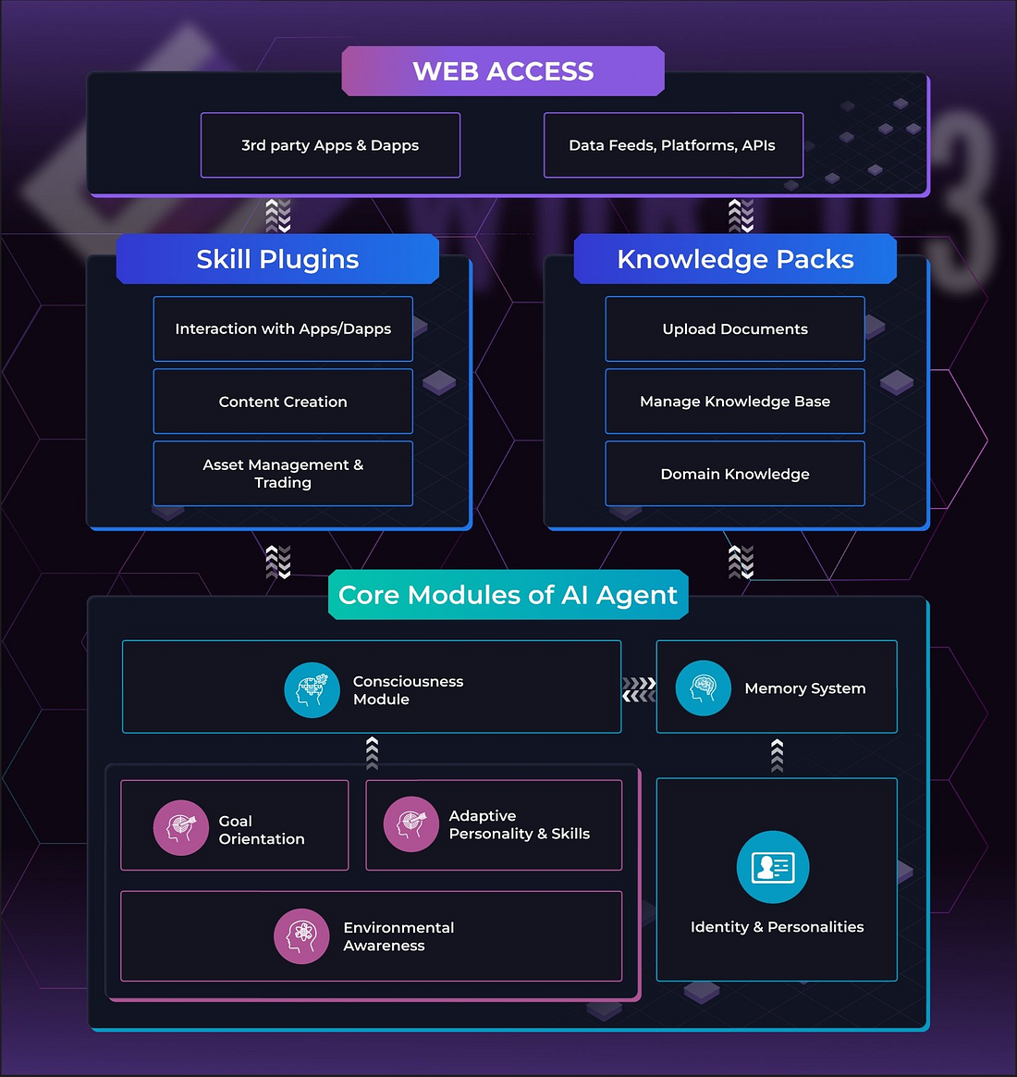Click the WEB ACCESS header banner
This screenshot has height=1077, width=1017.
coord(503,71)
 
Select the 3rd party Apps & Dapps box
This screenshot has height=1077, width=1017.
coord(330,145)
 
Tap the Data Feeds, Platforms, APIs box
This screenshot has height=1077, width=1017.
coord(672,145)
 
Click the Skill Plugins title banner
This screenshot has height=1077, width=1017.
coord(277,259)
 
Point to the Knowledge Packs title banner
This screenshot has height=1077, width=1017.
coord(735,259)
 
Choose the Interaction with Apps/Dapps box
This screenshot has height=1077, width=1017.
coord(283,328)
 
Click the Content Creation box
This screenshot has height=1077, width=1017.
coord(283,402)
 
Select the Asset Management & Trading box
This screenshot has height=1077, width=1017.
coord(283,474)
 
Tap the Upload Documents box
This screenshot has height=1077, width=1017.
coord(735,328)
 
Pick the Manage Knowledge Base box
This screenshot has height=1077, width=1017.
coord(735,402)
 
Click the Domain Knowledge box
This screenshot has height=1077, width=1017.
coord(735,474)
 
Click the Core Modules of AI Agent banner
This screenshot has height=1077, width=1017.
coord(508,595)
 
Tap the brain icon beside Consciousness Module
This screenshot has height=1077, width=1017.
coord(312,690)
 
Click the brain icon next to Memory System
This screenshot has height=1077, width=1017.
coord(704,688)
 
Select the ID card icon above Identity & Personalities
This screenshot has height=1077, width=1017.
coord(773,867)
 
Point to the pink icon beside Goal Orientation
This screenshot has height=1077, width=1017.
coord(181,827)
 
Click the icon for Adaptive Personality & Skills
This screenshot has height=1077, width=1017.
coord(410,823)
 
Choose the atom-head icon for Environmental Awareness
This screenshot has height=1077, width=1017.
coord(301,936)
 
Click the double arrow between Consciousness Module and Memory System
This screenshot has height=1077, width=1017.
coord(639,689)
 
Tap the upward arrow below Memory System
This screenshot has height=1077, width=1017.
coord(777,755)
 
